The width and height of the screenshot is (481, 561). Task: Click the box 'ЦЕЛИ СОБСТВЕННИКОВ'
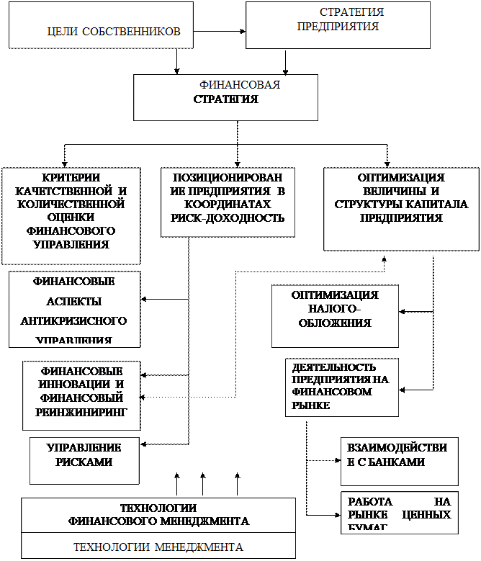[101, 25]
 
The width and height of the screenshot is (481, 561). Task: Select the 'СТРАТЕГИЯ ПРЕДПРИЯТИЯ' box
[338, 24]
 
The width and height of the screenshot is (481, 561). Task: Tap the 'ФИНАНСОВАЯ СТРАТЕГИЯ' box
[225, 97]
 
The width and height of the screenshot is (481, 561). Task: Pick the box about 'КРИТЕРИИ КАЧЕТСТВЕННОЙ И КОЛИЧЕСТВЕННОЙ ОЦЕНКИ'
[71, 215]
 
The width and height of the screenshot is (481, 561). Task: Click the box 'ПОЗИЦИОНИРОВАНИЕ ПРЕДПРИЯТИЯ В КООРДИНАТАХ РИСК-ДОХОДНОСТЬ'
[228, 202]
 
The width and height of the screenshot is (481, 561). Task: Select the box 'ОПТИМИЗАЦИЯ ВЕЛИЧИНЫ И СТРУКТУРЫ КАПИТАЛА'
[401, 209]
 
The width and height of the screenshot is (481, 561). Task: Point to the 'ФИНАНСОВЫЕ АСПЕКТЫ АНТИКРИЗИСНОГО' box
[74, 309]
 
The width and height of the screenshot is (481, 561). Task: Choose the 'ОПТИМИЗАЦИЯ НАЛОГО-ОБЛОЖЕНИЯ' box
[334, 315]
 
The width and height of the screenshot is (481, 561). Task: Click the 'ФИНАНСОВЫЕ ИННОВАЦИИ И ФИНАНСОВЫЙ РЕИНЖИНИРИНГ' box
[81, 395]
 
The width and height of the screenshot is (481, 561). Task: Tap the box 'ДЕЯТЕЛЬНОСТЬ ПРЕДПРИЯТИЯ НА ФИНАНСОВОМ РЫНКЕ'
[341, 387]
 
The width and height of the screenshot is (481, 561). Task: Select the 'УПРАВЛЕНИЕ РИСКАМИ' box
[84, 459]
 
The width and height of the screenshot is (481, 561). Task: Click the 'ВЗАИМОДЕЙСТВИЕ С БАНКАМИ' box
[399, 459]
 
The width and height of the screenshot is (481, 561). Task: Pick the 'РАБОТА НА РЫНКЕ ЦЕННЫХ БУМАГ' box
[399, 513]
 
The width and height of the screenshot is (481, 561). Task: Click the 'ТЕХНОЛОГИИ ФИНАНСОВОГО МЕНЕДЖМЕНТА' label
[158, 514]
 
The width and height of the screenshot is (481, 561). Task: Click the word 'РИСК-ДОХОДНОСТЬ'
[228, 218]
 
